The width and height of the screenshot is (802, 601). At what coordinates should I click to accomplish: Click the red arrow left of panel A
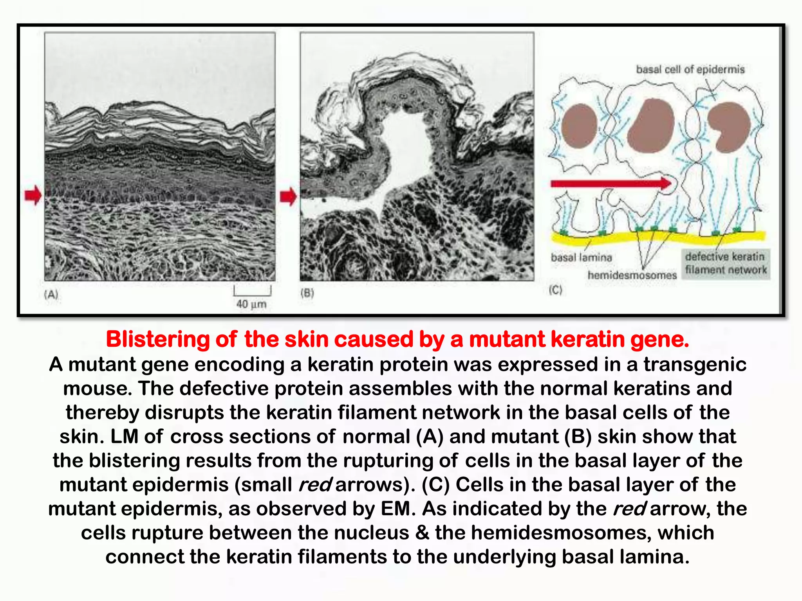click(33, 195)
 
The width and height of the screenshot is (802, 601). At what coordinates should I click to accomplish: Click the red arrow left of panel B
click(289, 196)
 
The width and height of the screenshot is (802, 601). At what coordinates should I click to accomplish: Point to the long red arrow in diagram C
click(611, 183)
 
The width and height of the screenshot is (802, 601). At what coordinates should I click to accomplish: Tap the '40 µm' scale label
click(251, 304)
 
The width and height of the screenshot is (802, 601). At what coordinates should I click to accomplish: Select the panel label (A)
click(51, 294)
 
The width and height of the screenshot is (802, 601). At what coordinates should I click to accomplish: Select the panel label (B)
click(307, 293)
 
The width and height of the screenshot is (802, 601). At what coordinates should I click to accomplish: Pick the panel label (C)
click(555, 290)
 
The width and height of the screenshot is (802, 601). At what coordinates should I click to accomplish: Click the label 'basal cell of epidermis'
click(690, 69)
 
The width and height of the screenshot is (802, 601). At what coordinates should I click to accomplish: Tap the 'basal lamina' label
click(581, 257)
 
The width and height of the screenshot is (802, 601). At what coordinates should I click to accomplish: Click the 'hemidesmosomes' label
click(632, 275)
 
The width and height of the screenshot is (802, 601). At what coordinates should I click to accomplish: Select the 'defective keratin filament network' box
click(726, 263)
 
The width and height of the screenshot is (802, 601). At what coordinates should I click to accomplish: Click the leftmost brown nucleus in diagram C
click(579, 126)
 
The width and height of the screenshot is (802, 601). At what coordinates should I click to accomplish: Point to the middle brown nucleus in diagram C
click(650, 126)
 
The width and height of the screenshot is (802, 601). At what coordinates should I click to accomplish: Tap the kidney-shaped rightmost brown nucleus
click(729, 127)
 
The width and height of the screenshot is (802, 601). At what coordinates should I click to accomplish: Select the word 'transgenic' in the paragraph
click(695, 364)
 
